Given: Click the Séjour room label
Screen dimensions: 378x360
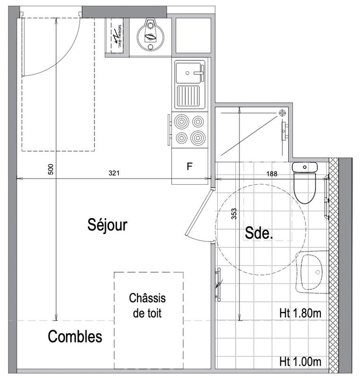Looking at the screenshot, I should coord(108,225).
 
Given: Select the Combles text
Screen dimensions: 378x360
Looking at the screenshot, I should coord(75,337).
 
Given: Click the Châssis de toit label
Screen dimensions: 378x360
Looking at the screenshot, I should coord(148,305).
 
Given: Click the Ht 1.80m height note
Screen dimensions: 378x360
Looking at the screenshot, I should coord(300,312).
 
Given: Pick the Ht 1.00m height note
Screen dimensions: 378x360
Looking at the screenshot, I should coord(300,362).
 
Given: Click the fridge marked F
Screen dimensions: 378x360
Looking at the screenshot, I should coord(189,166).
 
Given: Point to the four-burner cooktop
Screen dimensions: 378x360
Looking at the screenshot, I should coord(189,129).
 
